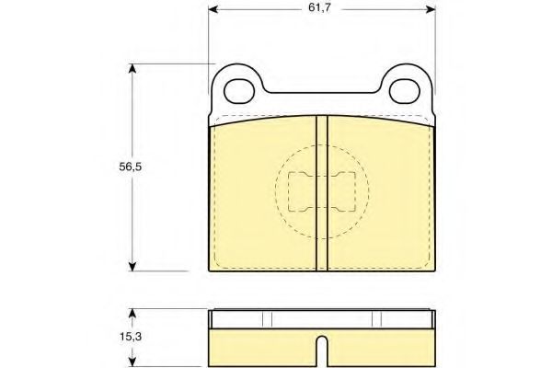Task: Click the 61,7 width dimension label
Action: pos(319,7)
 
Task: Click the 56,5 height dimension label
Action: pos(131,167)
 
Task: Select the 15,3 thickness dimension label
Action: pos(131,337)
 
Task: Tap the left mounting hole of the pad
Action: pos(239,92)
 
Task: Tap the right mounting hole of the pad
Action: pos(405,92)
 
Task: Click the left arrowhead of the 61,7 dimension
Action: pos(213,9)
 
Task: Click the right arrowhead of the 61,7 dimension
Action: pos(431,9)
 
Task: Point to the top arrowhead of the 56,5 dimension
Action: pos(132,69)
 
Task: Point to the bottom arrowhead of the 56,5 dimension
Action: pos(132,266)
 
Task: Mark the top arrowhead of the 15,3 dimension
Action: pos(132,314)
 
